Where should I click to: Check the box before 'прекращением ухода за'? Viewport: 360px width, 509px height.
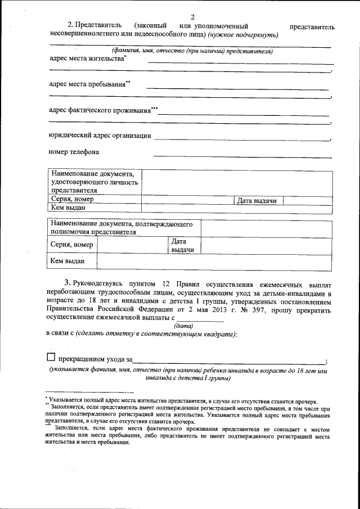(x=51, y=357)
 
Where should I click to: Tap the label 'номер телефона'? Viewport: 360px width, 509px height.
(x=74, y=152)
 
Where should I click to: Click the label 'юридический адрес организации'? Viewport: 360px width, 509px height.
(x=100, y=135)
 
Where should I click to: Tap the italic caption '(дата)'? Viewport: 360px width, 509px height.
(x=184, y=326)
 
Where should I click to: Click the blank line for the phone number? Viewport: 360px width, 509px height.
(x=242, y=155)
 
